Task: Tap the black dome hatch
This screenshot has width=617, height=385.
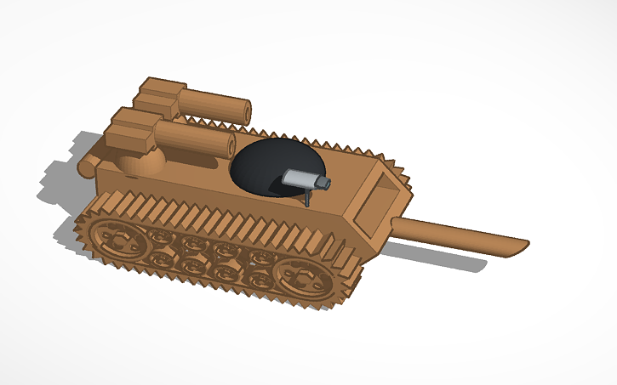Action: [x=268, y=161]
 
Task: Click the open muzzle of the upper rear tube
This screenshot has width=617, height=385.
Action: [x=244, y=110]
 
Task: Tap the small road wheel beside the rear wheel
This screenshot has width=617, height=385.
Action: [x=158, y=235]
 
